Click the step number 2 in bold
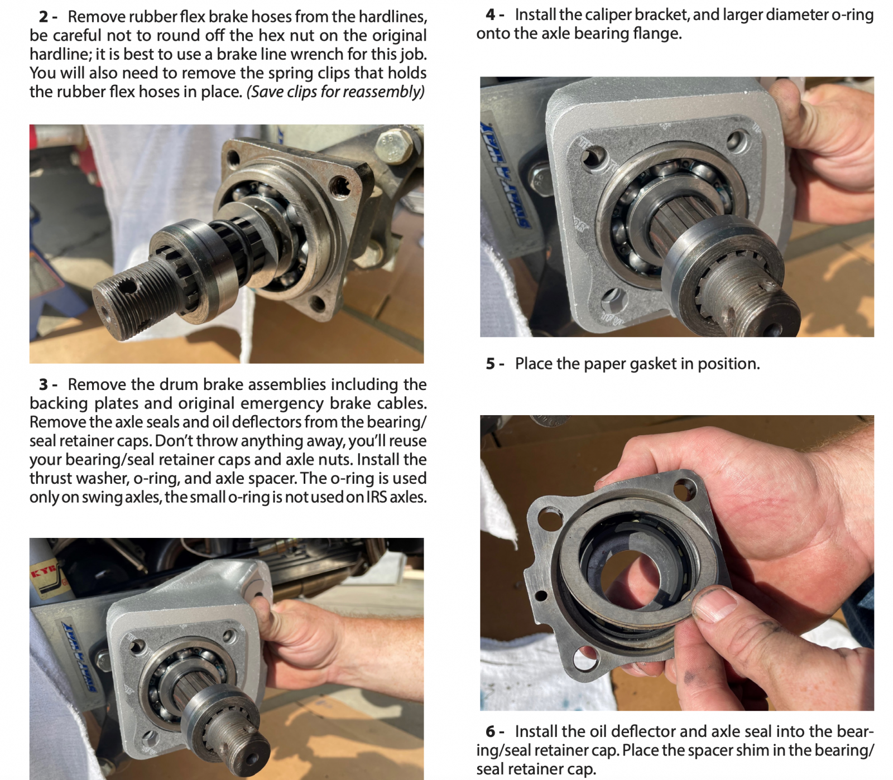44,17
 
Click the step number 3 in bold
44,384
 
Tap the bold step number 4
491,15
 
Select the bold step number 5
491,364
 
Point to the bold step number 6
491,731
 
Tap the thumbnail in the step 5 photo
715,604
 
